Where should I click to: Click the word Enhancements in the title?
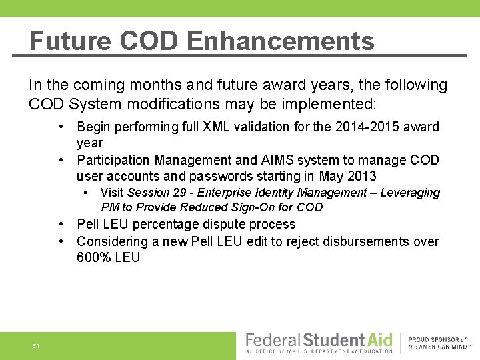(x=281, y=41)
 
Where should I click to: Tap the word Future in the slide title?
(x=70, y=41)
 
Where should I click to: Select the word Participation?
(x=113, y=160)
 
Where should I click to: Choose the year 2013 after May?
(x=361, y=176)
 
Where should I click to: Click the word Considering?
(x=113, y=241)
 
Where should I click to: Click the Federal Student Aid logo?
(x=319, y=341)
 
